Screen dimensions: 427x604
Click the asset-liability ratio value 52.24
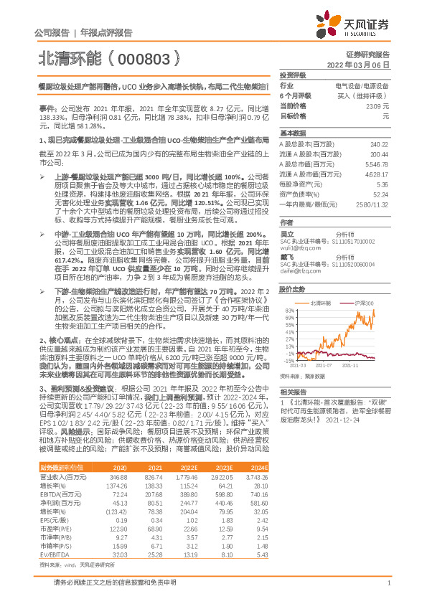point(381,194)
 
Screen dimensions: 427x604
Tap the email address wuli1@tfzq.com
point(298,247)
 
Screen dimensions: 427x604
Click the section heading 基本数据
point(291,133)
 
